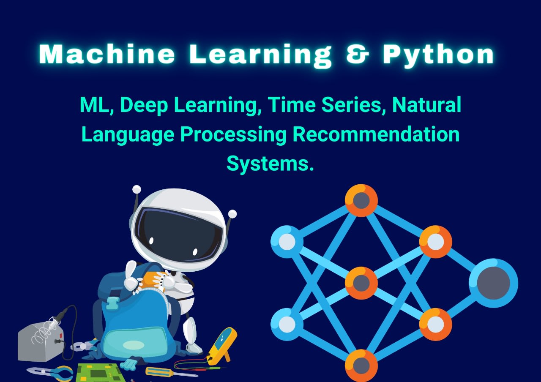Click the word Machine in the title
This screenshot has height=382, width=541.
[107, 54]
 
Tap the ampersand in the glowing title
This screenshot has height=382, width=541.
[358, 54]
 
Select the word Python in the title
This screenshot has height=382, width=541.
[438, 55]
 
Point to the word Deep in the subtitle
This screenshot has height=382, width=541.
[144, 105]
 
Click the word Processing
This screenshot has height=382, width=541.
[233, 135]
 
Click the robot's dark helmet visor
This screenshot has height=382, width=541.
[178, 235]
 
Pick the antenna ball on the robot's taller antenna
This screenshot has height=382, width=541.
[137, 189]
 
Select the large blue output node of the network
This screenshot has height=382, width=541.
[493, 283]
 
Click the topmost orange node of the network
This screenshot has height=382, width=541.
[361, 200]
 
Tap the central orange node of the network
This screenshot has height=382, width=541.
[361, 283]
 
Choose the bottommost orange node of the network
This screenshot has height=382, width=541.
[361, 366]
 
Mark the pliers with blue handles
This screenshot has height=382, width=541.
[49, 373]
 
